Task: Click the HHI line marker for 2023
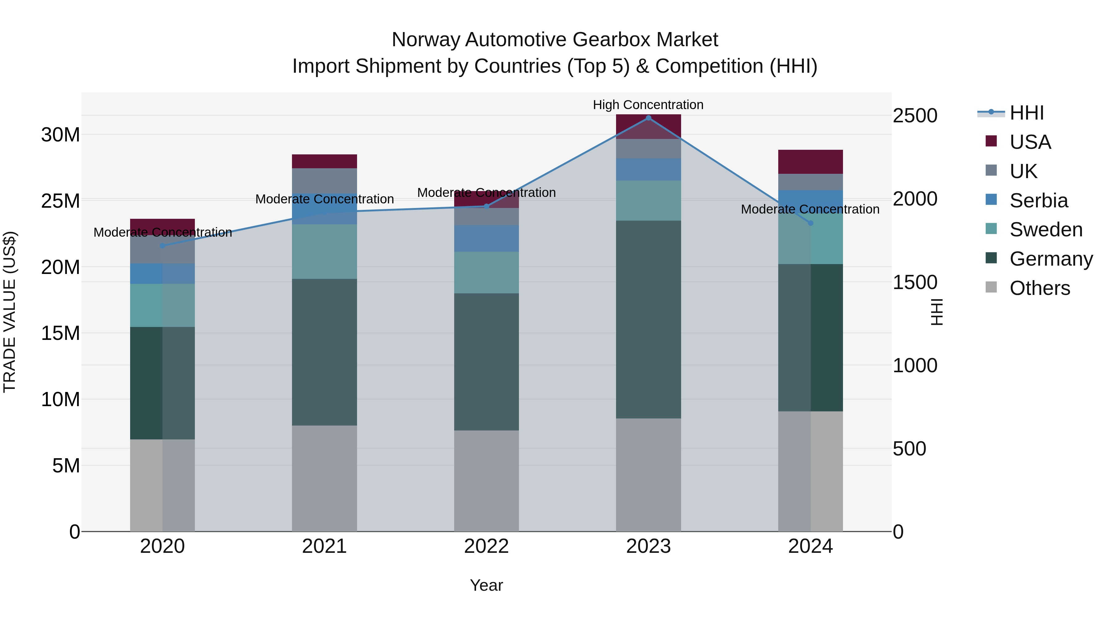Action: (648, 118)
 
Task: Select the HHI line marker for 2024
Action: (810, 223)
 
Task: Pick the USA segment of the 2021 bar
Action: (324, 161)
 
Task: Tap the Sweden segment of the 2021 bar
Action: (324, 251)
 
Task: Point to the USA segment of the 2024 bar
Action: (810, 162)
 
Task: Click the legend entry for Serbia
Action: (1038, 201)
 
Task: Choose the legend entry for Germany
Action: (1050, 259)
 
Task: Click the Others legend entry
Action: (1039, 288)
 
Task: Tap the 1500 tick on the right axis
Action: (915, 283)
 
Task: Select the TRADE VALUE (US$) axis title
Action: (10, 312)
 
